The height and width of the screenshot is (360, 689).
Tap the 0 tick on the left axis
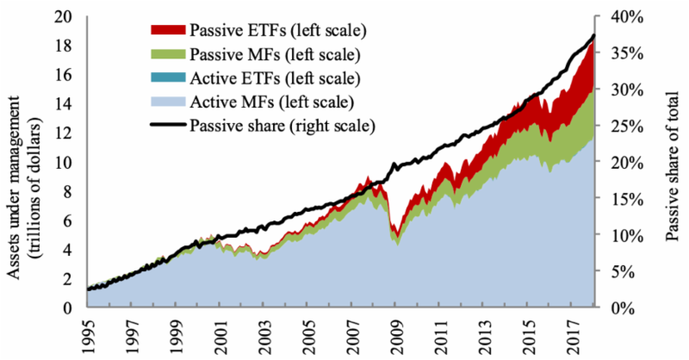(x=75, y=307)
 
